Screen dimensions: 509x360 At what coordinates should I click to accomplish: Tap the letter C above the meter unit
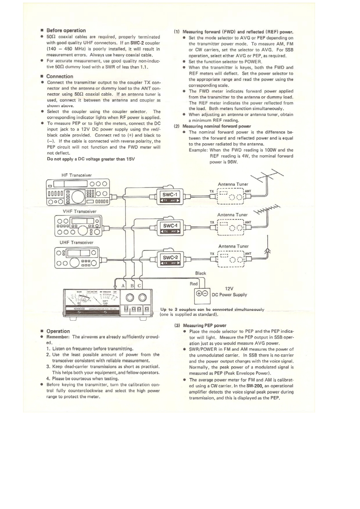[x=139, y=286]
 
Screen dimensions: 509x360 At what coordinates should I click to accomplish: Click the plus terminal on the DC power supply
[x=198, y=293]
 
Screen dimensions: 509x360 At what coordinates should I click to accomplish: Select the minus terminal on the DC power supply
[x=206, y=293]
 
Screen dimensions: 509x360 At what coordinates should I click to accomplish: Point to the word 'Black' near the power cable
[x=200, y=273]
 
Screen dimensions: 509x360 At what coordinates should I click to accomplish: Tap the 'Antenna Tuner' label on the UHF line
[x=232, y=246]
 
